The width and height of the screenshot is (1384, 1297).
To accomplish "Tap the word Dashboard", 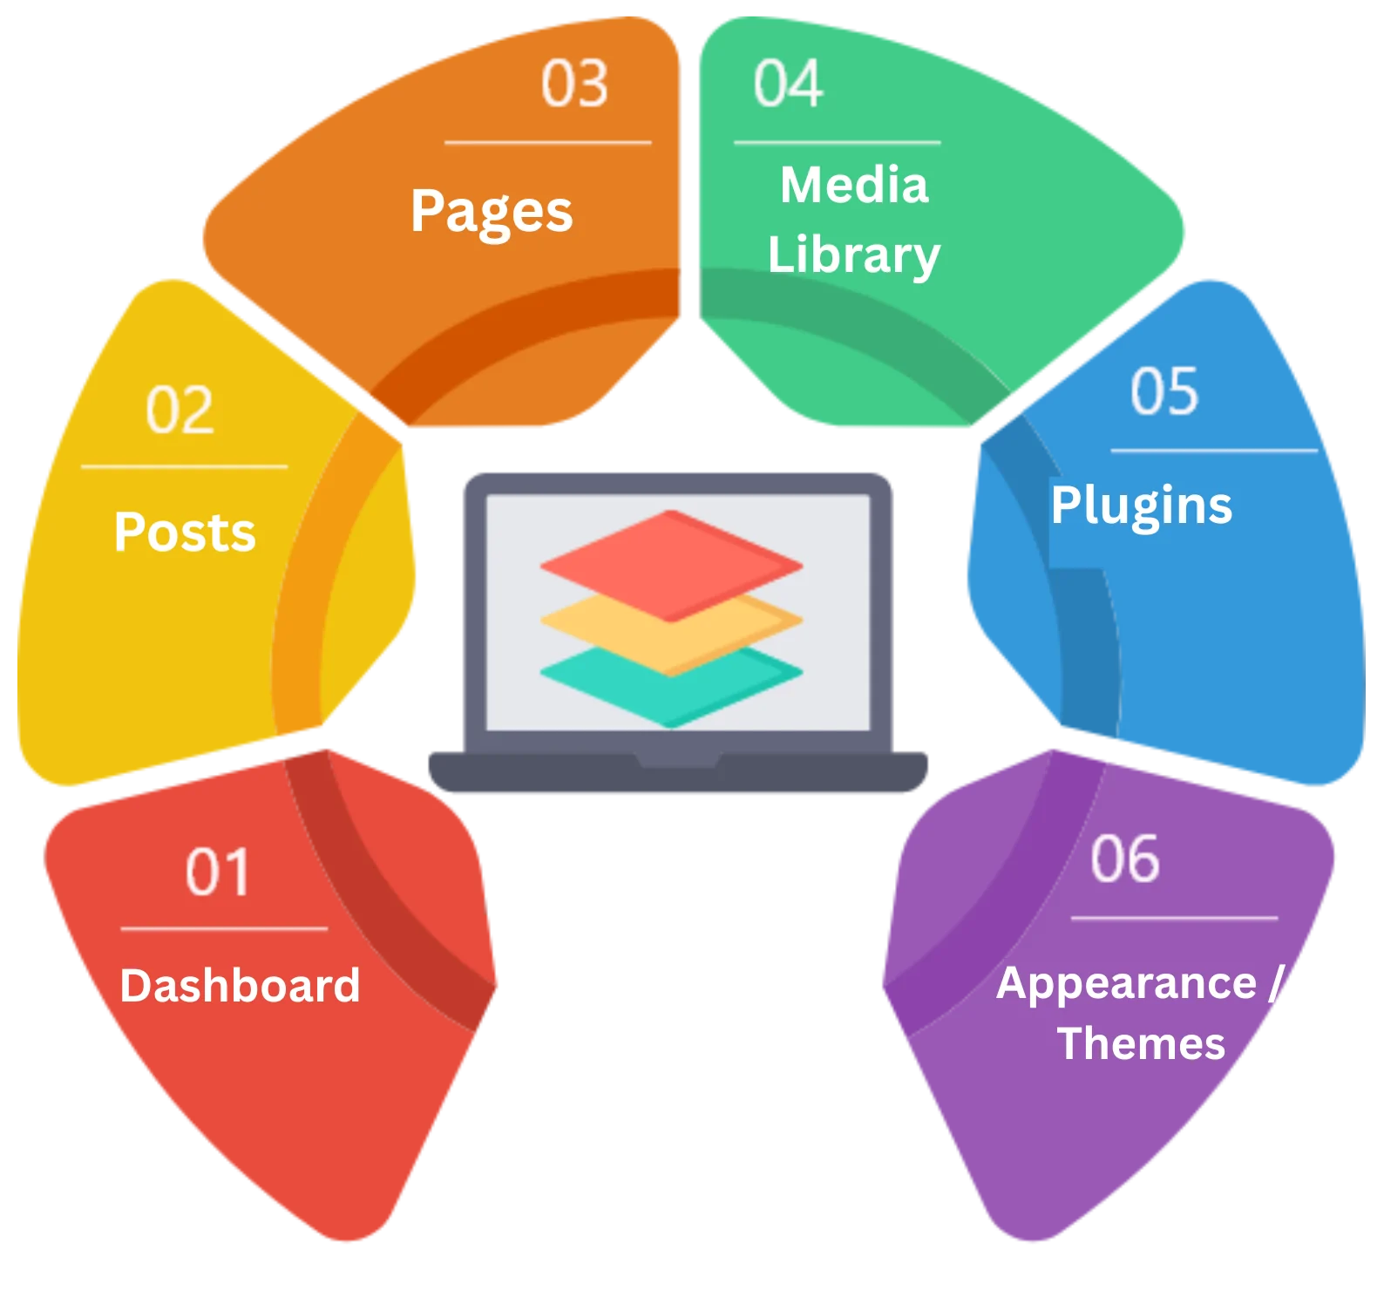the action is pyautogui.click(x=240, y=985).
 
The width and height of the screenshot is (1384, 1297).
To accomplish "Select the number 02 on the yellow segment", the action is pyautogui.click(x=180, y=409).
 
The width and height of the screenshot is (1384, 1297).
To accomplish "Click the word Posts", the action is pyautogui.click(x=185, y=531).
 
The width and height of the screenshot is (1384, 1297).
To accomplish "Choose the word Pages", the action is pyautogui.click(x=492, y=212).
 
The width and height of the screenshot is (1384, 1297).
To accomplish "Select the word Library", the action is pyautogui.click(x=854, y=255).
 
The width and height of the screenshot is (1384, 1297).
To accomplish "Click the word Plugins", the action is pyautogui.click(x=1142, y=506).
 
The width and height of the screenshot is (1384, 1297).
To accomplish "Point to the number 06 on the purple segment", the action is pyautogui.click(x=1125, y=858).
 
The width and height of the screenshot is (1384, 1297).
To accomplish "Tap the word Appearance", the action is pyautogui.click(x=1126, y=985).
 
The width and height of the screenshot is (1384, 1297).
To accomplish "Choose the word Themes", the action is pyautogui.click(x=1142, y=1042).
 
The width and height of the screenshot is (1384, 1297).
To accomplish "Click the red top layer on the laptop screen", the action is pyautogui.click(x=671, y=566).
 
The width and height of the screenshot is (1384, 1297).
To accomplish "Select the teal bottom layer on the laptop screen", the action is pyautogui.click(x=671, y=685).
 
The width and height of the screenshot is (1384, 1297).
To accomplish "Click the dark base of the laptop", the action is pyautogui.click(x=678, y=771).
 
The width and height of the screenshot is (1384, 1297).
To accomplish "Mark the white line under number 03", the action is pyautogui.click(x=548, y=142).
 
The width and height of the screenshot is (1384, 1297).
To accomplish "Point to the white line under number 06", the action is pyautogui.click(x=1175, y=918).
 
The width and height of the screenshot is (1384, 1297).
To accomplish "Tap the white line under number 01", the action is pyautogui.click(x=224, y=929).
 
